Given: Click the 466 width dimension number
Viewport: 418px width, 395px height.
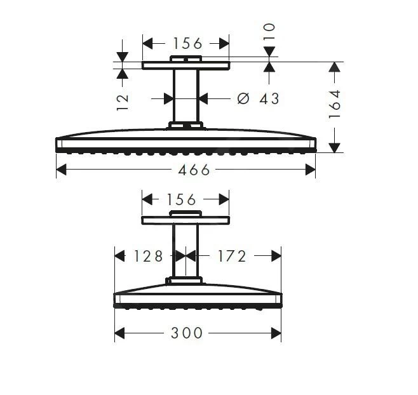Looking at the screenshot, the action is pos(194,170).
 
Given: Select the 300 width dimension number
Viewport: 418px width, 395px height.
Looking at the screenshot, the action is pos(186,333).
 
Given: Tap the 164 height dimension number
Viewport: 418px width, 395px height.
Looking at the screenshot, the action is pos(335,104).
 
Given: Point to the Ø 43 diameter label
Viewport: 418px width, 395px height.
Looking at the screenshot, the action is pos(258,98).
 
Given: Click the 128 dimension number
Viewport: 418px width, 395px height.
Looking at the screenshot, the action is pos(148,256).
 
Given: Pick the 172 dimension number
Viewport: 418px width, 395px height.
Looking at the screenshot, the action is pos(232,256).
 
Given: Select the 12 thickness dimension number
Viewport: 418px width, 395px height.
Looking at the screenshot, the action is pos(123,102).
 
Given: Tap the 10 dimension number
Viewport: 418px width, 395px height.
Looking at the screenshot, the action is pos(269,32).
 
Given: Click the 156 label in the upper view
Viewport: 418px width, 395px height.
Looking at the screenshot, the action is pos(187,43).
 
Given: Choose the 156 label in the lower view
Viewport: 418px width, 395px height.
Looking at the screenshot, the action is pos(181,199).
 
